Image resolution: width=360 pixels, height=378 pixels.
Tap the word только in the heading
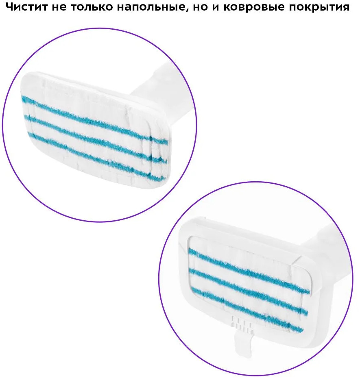92,7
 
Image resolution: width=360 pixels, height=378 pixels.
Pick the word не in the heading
59,7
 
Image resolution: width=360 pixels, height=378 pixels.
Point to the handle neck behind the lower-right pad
323,243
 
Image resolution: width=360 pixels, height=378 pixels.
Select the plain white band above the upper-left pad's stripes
87,93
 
